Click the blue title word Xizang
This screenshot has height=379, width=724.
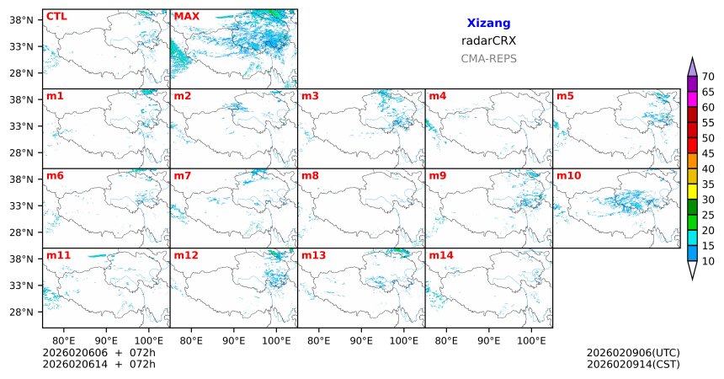pos(488,24)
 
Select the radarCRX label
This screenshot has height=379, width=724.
pos(488,40)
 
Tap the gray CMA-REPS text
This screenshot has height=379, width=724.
pos(488,59)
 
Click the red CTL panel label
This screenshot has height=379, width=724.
pos(56,16)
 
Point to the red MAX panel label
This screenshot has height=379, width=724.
pos(186,16)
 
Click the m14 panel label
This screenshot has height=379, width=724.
pos(440,255)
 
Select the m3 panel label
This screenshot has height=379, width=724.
pos(311,96)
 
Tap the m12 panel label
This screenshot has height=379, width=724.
pos(186,255)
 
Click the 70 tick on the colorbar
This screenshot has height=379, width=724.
pos(708,77)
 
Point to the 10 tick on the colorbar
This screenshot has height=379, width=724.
pos(708,262)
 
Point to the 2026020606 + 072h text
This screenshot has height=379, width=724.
pos(98,353)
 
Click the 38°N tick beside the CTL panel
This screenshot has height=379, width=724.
pos(22,19)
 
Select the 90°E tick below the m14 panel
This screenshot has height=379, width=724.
pos(488,340)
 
